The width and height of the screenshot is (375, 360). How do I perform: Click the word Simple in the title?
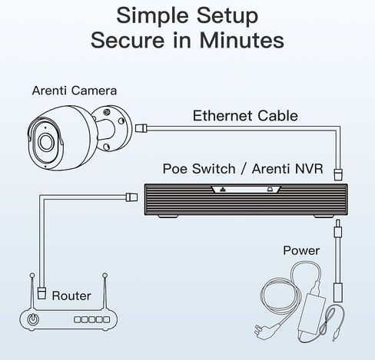(x=154, y=16)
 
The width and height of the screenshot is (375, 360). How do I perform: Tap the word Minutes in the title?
(x=242, y=40)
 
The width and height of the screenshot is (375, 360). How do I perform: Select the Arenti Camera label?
(x=75, y=91)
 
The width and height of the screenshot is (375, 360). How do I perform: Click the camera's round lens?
(x=46, y=141)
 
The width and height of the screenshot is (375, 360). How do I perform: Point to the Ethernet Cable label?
(x=245, y=116)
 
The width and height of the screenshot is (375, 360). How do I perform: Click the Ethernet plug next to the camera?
(x=141, y=127)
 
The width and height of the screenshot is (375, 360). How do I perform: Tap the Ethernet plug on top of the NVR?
(x=338, y=174)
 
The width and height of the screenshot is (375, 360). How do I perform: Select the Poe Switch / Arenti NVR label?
(x=243, y=169)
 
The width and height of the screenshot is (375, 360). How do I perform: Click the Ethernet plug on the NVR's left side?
(x=131, y=197)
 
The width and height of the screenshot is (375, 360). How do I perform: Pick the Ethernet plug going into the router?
(x=41, y=293)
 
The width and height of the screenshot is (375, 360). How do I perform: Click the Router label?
(x=71, y=296)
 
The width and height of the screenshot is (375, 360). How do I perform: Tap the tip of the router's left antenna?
(x=32, y=276)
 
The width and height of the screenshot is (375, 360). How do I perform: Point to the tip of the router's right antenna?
(x=105, y=276)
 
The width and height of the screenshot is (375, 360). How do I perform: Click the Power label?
(x=301, y=250)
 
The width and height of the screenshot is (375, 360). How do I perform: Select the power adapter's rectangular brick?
(x=312, y=313)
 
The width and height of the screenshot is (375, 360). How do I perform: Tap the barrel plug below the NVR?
(x=338, y=228)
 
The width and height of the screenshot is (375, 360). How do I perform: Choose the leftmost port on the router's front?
(x=78, y=319)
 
